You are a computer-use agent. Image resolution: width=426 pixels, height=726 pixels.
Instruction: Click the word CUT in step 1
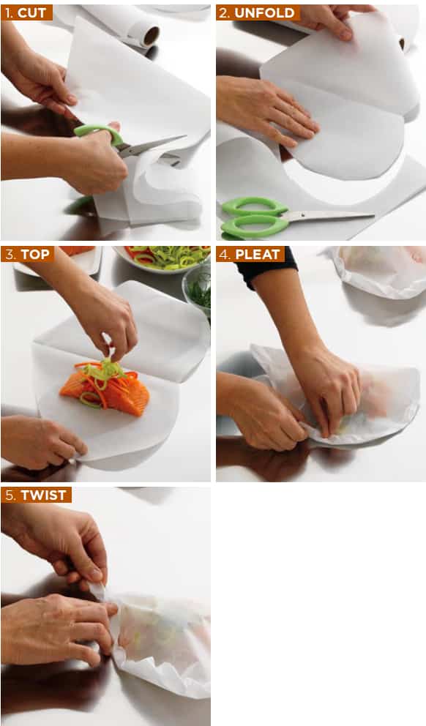32,13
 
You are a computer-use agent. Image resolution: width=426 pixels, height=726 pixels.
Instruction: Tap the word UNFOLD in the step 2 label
264,13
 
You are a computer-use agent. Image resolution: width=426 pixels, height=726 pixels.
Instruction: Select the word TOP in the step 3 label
34,254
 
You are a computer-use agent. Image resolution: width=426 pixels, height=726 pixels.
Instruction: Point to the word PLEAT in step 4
258,254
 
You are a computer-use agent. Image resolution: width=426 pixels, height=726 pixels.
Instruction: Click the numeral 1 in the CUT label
9,13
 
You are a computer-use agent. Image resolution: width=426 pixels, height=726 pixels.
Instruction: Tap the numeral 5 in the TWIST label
10,495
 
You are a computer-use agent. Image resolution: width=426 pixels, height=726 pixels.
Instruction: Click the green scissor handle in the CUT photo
99,132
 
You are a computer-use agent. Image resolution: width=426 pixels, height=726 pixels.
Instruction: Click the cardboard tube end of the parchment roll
151,35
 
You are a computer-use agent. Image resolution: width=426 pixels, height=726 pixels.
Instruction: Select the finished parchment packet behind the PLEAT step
380,271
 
